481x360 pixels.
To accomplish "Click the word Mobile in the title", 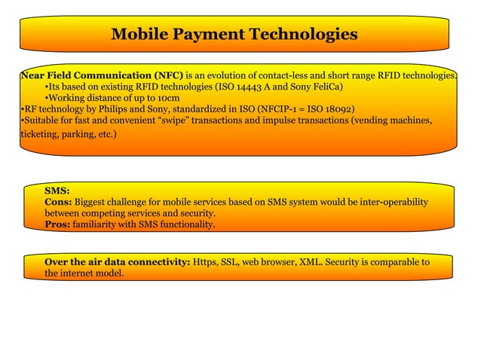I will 139,34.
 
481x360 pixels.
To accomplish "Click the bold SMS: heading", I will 57,191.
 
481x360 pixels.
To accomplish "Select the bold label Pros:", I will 58,224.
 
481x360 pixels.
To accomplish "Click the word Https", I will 206,262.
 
